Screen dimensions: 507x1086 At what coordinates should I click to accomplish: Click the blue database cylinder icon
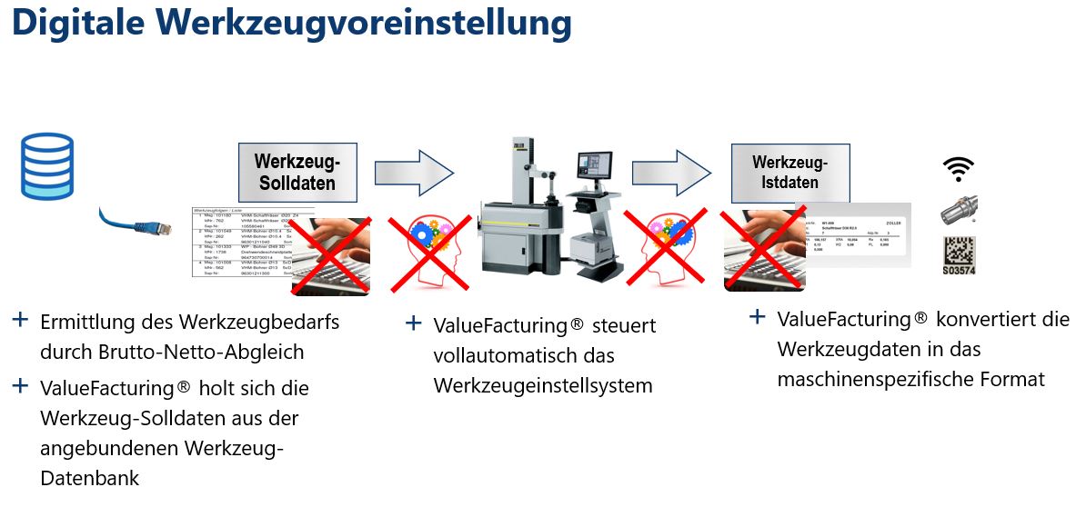(45, 165)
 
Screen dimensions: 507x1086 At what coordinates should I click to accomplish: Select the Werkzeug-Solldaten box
(297, 172)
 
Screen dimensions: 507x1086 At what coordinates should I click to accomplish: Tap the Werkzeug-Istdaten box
(789, 172)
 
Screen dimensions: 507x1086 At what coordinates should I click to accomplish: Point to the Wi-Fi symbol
(959, 169)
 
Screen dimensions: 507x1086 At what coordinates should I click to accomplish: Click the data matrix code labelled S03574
(960, 256)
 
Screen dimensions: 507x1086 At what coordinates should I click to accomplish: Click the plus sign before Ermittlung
(20, 320)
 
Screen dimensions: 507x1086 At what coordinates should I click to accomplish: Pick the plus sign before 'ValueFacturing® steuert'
(414, 323)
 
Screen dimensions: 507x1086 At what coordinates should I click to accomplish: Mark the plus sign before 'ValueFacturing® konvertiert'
(757, 317)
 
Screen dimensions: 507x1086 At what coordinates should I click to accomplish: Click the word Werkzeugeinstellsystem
(543, 385)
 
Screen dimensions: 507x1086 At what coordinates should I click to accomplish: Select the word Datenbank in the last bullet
(89, 478)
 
